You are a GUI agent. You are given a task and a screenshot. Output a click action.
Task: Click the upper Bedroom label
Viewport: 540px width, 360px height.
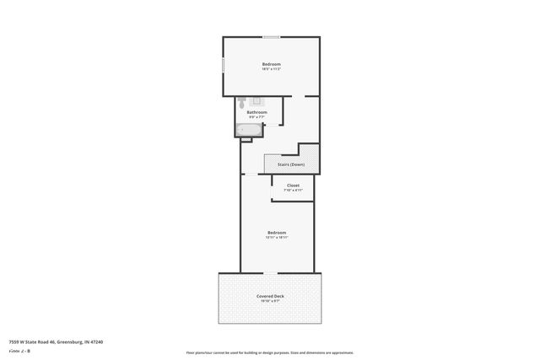[271, 65]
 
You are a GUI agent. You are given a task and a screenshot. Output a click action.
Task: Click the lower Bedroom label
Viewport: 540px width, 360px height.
[277, 233]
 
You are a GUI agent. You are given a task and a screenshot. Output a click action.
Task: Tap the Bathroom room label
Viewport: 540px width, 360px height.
[256, 112]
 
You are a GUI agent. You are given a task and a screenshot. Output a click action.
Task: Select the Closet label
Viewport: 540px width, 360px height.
[293, 185]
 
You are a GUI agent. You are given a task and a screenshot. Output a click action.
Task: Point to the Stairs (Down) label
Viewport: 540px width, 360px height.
[291, 164]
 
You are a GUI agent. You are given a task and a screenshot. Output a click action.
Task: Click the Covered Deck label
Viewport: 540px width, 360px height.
[271, 296]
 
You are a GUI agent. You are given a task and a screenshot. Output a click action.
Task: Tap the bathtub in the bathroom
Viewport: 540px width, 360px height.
[249, 129]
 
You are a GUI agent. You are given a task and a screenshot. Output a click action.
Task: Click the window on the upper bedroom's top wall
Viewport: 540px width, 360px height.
[272, 37]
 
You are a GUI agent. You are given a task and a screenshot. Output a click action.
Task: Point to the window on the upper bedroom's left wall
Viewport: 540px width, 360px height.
[223, 65]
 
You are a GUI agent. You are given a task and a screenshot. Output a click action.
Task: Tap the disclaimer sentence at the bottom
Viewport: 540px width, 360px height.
[269, 352]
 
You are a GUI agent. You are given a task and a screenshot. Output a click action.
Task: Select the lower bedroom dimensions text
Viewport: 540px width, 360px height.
[277, 238]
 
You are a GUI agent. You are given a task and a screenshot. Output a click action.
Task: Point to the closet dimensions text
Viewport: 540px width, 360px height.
[293, 191]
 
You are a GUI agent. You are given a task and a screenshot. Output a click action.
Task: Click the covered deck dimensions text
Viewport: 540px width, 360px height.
[271, 301]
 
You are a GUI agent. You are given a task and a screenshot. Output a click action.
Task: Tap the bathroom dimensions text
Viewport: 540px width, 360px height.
[256, 117]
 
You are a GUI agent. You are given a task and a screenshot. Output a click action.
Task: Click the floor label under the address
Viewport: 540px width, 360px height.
[19, 350]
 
